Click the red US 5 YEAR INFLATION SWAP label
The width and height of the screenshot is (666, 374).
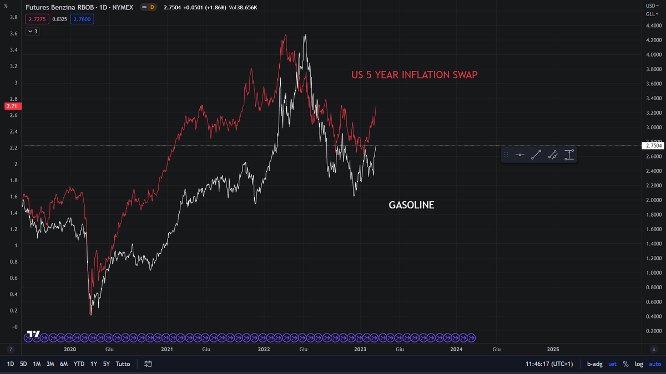[414, 75]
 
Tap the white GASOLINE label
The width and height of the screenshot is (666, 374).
[411, 205]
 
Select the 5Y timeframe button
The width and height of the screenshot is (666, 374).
[106, 364]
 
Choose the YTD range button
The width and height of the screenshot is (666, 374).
[79, 364]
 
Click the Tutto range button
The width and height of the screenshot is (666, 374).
[123, 364]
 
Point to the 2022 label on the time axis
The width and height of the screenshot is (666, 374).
[264, 349]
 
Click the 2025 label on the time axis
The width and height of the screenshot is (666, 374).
[553, 349]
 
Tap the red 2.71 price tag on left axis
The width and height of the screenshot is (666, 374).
[11, 106]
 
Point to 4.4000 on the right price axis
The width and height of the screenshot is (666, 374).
[653, 25]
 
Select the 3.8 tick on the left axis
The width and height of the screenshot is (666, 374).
[13, 18]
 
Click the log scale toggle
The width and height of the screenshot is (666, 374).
[638, 364]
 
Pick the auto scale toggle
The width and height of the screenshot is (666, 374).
[654, 364]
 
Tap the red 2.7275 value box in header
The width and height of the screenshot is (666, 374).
[41, 19]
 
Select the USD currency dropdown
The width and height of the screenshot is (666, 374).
[652, 5]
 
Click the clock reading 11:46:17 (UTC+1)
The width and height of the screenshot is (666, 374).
[550, 364]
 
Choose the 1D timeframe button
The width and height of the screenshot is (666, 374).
[11, 364]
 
